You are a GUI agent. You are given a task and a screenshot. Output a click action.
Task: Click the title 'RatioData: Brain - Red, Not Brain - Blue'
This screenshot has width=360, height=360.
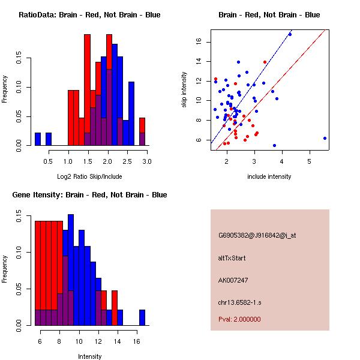click(x=89, y=15)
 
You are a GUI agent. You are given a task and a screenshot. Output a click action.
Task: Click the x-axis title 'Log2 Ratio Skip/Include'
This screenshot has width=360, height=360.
click(x=89, y=176)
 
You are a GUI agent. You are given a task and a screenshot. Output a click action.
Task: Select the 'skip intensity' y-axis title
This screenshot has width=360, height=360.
click(x=184, y=90)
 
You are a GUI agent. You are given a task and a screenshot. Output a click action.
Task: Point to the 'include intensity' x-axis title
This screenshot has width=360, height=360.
click(x=269, y=176)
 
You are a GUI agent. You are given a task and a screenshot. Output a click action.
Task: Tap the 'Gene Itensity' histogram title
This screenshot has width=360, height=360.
click(x=89, y=195)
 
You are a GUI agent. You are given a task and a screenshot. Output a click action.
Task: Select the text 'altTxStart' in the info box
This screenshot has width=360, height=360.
click(x=232, y=258)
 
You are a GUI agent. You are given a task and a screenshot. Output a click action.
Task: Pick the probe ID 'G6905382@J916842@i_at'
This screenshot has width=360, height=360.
click(x=257, y=235)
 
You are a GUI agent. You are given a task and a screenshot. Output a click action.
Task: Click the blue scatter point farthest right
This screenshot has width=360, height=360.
click(x=325, y=138)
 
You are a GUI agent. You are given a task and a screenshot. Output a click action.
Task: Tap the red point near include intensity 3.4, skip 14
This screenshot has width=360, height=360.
click(x=265, y=62)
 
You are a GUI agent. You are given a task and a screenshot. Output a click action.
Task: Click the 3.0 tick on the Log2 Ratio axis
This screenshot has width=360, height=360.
click(x=146, y=161)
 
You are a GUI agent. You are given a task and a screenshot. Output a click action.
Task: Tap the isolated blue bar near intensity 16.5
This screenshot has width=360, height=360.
click(x=142, y=317)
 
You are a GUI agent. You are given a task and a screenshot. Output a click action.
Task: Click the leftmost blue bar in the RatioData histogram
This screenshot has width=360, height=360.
click(x=38, y=139)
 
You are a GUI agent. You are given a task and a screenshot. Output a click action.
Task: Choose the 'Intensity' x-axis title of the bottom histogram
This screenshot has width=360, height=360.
click(x=89, y=356)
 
